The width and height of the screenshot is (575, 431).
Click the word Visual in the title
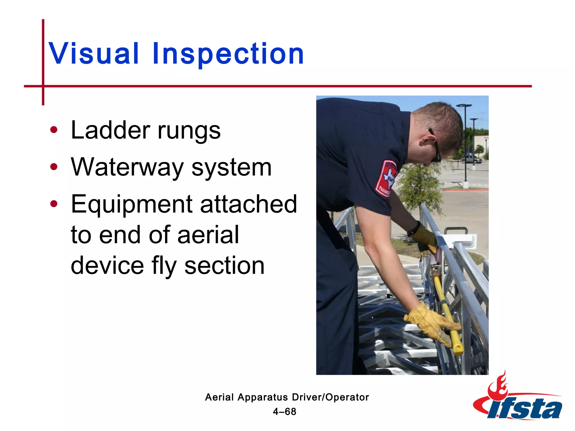(x=94, y=53)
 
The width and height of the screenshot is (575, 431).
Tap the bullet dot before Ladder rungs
(x=54, y=130)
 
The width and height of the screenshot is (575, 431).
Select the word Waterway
(x=127, y=167)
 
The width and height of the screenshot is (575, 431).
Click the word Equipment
(x=132, y=204)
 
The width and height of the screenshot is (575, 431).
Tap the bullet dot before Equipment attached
(x=54, y=204)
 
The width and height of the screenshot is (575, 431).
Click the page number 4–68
(x=284, y=412)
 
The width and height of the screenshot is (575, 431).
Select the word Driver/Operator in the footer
(x=330, y=397)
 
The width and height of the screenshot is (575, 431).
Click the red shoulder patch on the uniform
(x=386, y=178)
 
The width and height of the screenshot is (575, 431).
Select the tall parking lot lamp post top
(x=464, y=106)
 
